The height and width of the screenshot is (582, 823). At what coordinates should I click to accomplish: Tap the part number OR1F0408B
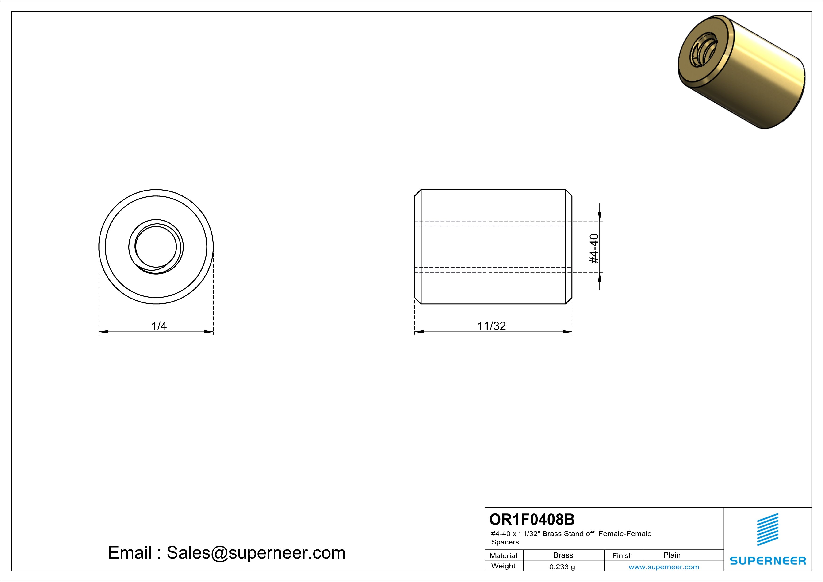[x=532, y=519]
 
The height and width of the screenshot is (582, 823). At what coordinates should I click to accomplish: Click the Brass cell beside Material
[x=563, y=555]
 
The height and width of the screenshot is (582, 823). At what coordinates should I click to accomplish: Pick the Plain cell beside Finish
[x=672, y=555]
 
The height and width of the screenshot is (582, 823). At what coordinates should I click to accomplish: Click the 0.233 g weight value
[x=562, y=567]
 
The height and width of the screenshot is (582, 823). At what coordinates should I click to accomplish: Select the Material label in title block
[x=503, y=555]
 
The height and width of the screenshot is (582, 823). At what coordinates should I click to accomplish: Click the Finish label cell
[x=622, y=555]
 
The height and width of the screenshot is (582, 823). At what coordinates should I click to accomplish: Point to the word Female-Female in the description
[x=625, y=534]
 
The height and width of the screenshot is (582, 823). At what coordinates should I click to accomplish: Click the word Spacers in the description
[x=505, y=542]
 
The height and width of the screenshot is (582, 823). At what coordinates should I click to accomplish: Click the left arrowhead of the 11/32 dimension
[x=419, y=332]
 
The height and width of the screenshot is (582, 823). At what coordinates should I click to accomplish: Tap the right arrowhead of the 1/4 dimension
[x=209, y=332]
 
